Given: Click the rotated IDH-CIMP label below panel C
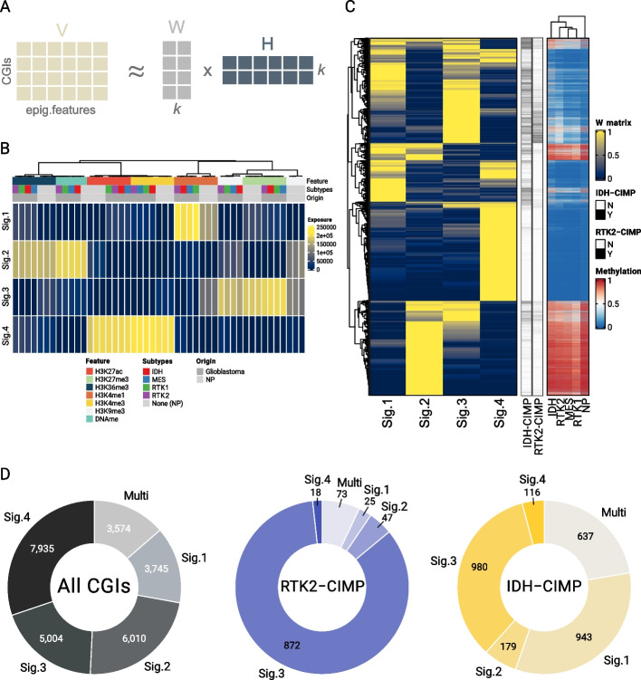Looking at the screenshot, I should coord(529,426).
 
